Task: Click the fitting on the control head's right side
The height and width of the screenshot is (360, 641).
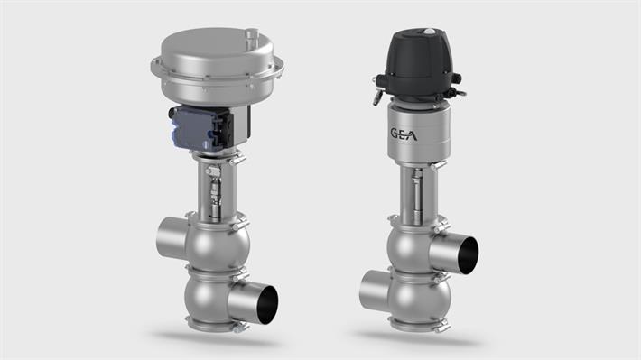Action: (460, 91)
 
